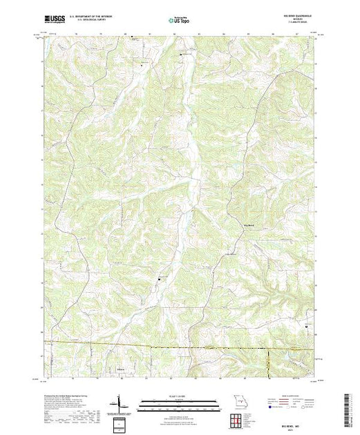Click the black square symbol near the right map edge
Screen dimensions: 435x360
coord(307,325)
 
